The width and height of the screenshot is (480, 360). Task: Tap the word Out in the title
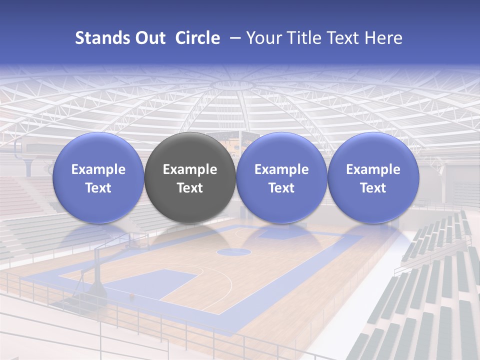tap(149, 38)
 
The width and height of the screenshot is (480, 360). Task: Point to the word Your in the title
tap(263, 38)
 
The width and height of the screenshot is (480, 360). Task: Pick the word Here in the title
tap(384, 38)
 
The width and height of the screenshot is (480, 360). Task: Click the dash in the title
tap(234, 38)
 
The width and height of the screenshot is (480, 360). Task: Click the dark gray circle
tap(190, 177)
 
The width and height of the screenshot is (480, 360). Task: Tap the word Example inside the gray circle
tap(190, 169)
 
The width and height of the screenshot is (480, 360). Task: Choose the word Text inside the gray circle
tap(190, 188)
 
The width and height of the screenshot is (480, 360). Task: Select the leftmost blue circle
tap(98, 177)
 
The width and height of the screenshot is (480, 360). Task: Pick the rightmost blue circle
tap(373, 177)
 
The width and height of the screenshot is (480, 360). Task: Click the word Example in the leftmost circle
tap(98, 169)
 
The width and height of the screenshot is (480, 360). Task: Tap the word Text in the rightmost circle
tap(373, 188)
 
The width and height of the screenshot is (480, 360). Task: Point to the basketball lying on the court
tap(132, 296)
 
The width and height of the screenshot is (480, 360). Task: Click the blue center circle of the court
tap(233, 251)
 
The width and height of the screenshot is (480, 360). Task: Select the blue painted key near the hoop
tap(150, 282)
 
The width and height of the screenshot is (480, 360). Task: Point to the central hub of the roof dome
tap(235, 84)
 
